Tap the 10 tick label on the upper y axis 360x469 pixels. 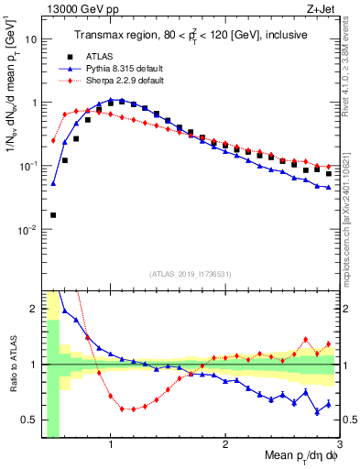click(31, 40)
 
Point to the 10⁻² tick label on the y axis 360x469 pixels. click(27, 230)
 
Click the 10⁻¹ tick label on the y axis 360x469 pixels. click(27, 167)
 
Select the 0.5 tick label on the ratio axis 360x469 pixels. click(28, 420)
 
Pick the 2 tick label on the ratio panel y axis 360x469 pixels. click(34, 309)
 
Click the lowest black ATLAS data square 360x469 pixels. click(52, 215)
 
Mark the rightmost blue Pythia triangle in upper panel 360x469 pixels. click(328, 187)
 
